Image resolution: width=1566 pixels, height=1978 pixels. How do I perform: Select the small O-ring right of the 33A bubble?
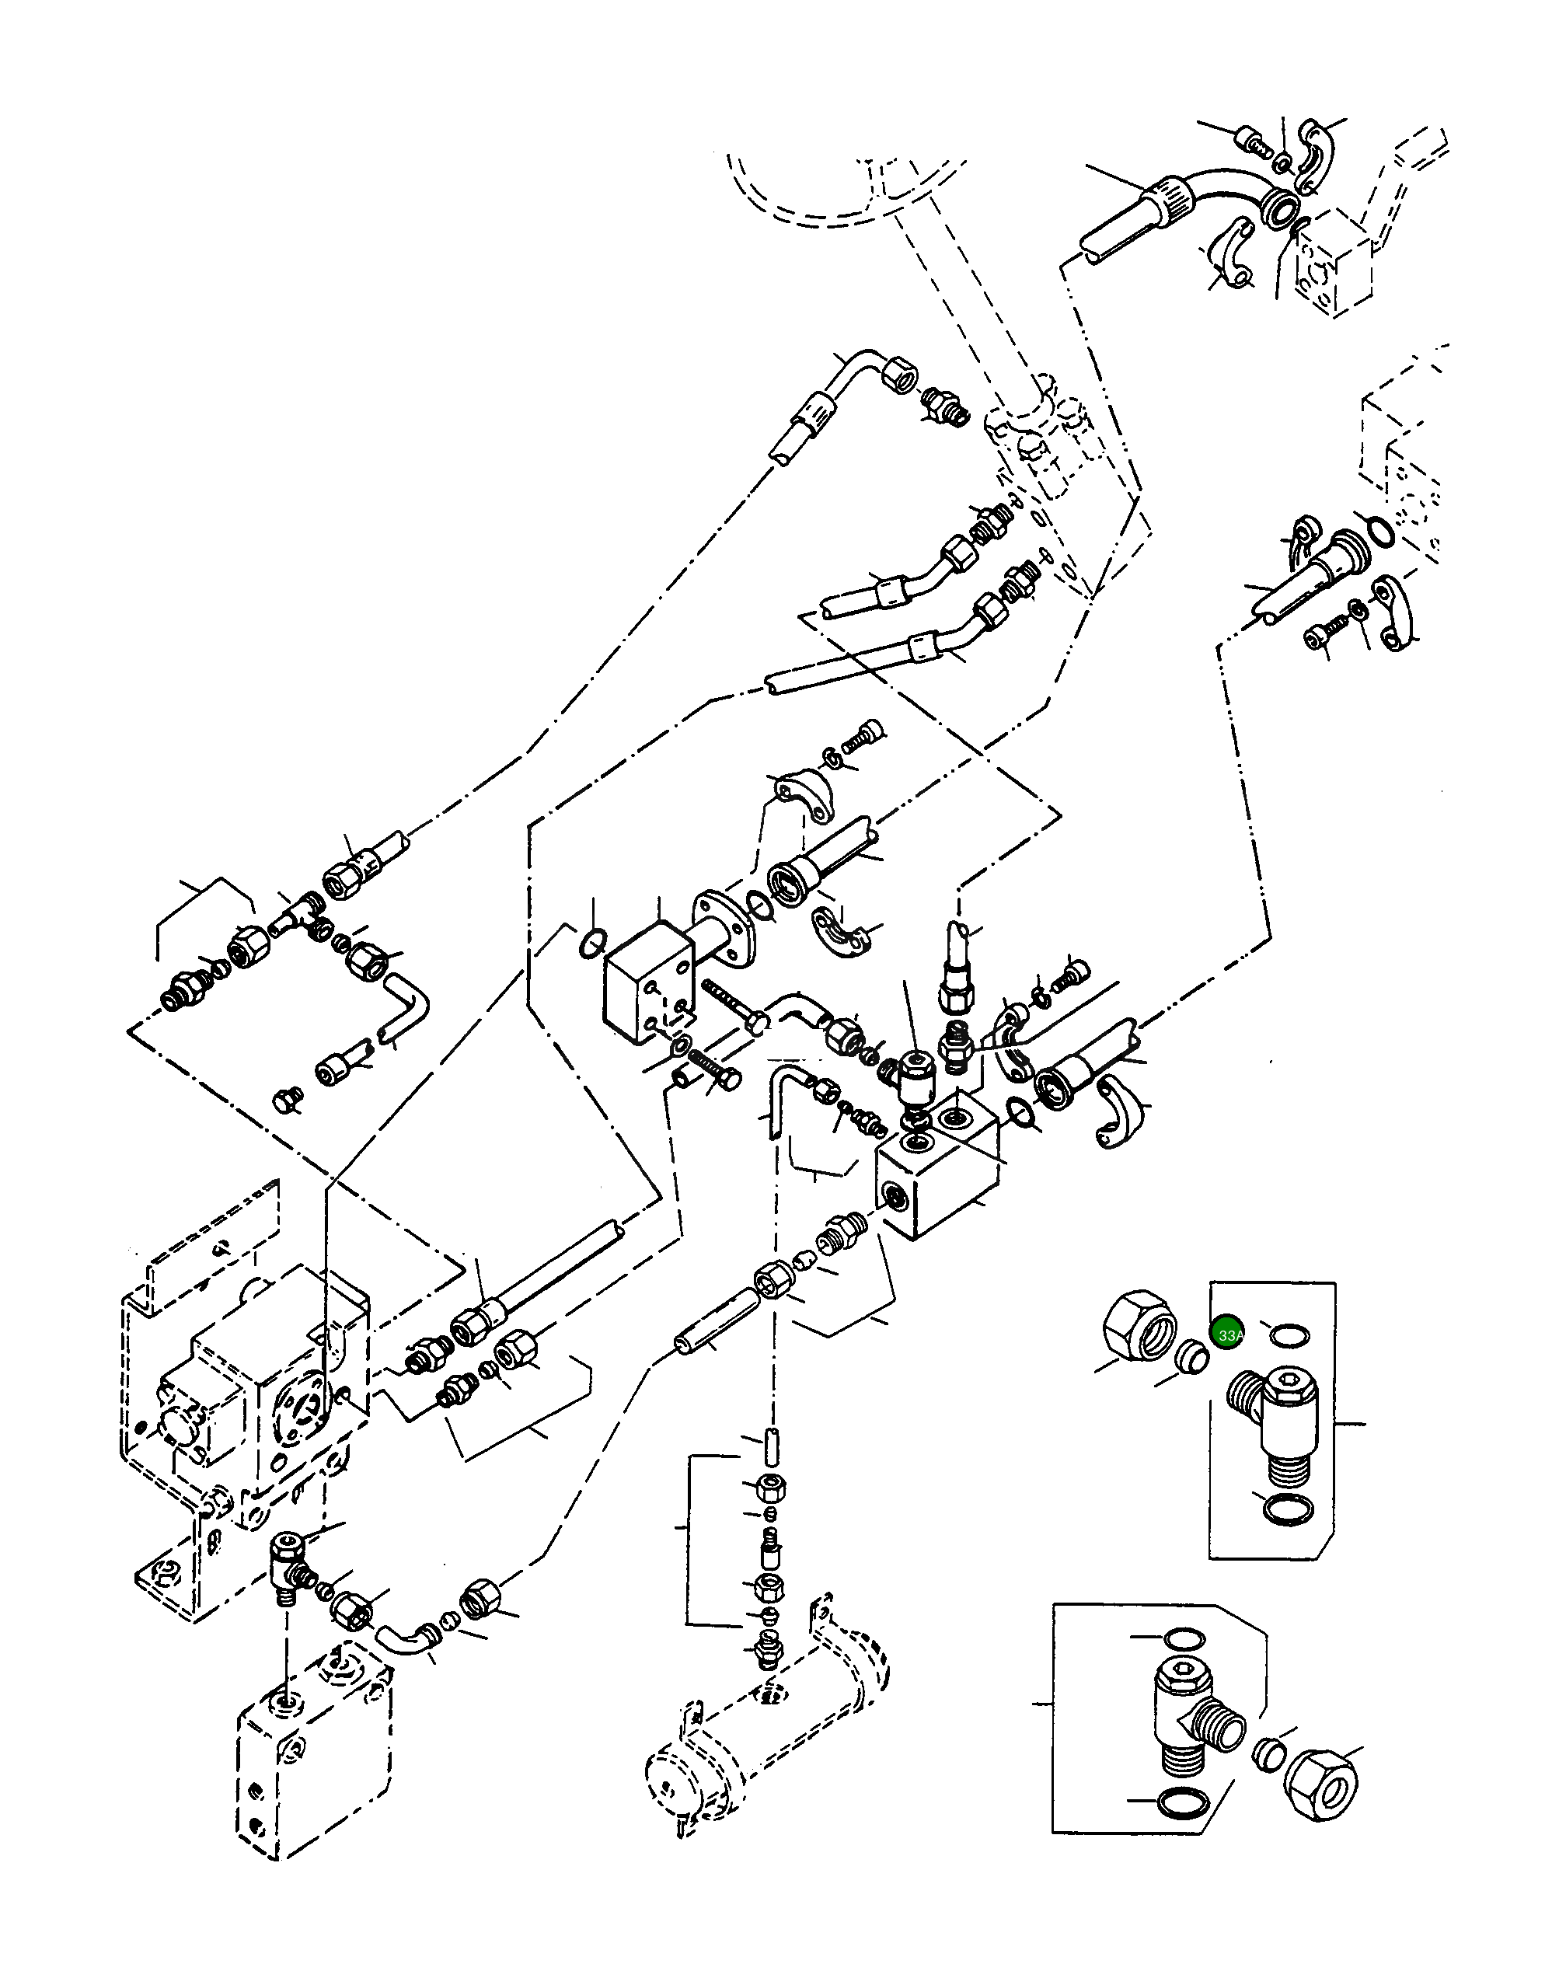[1289, 1336]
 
